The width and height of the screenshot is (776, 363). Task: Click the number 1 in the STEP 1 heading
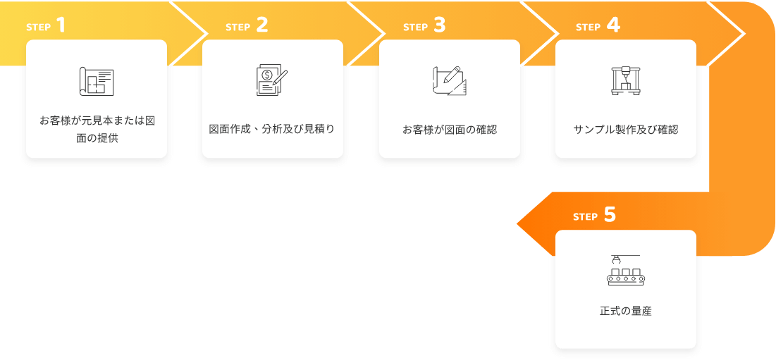pyautogui.click(x=61, y=25)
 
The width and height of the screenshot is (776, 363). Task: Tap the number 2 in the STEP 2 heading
pyautogui.click(x=262, y=25)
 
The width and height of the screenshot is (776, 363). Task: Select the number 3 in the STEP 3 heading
pyautogui.click(x=440, y=25)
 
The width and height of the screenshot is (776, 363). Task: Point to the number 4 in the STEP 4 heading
pyautogui.click(x=613, y=25)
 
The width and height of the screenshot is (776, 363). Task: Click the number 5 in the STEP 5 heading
pyautogui.click(x=610, y=216)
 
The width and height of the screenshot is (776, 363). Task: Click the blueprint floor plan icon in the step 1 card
pyautogui.click(x=97, y=81)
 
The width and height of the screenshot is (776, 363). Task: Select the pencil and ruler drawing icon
pyautogui.click(x=450, y=81)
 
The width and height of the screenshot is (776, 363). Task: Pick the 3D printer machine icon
pyautogui.click(x=626, y=80)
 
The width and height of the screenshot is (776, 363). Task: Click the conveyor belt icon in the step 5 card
pyautogui.click(x=626, y=271)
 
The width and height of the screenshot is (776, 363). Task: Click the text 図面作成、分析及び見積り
pyautogui.click(x=272, y=130)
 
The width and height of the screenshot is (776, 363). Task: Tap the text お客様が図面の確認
pyautogui.click(x=450, y=130)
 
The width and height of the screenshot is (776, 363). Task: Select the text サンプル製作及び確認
pyautogui.click(x=626, y=130)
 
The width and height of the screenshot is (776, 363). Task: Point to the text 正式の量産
pyautogui.click(x=626, y=312)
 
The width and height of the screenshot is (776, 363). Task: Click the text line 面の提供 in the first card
pyautogui.click(x=97, y=139)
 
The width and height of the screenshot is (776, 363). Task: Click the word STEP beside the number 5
pyautogui.click(x=586, y=217)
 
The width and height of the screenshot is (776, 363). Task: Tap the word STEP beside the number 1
pyautogui.click(x=39, y=27)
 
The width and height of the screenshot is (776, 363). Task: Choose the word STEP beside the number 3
pyautogui.click(x=415, y=27)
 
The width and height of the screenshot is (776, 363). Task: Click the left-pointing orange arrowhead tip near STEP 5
pyautogui.click(x=517, y=224)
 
